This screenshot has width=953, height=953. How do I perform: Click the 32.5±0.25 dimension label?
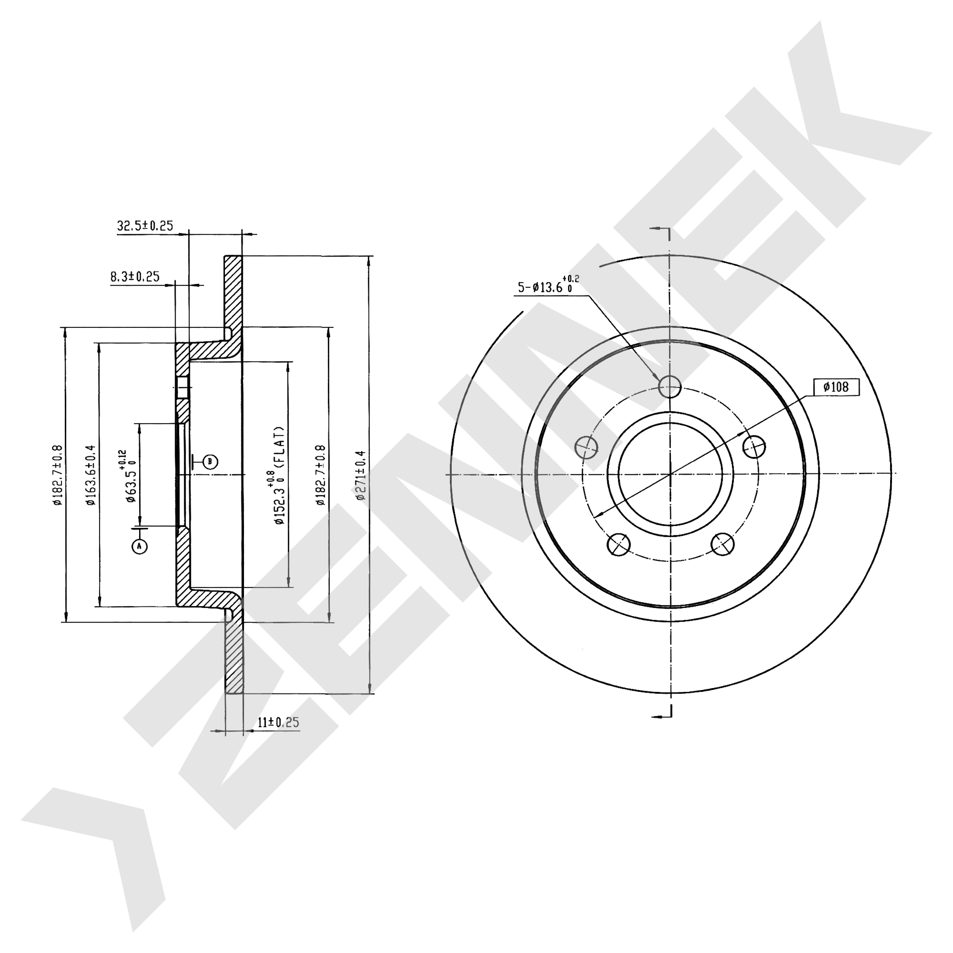click(145, 226)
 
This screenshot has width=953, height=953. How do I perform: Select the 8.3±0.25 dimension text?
click(135, 277)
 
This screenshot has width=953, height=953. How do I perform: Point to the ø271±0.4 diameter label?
click(361, 475)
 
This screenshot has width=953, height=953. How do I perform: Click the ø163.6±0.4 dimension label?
click(90, 475)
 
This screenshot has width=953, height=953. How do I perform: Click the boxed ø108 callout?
click(836, 387)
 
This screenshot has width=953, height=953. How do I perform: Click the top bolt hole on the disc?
click(669, 386)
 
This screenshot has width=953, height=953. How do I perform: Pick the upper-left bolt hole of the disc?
click(587, 447)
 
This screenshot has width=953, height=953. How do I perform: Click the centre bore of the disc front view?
click(670, 474)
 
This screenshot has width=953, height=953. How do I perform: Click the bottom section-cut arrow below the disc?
click(661, 716)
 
